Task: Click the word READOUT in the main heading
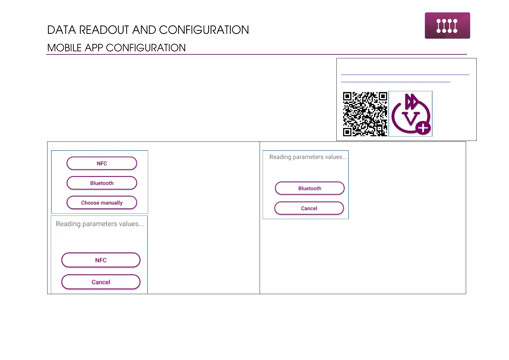pyautogui.click(x=104, y=30)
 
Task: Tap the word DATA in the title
pyautogui.click(x=61, y=30)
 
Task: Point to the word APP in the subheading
pyautogui.click(x=94, y=48)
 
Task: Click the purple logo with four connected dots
pyautogui.click(x=447, y=26)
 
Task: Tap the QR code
pyautogui.click(x=365, y=114)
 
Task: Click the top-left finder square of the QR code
pyautogui.click(x=347, y=96)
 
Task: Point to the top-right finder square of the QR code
pyautogui.click(x=383, y=96)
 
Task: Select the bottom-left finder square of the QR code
pyautogui.click(x=347, y=132)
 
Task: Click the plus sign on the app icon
pyautogui.click(x=423, y=128)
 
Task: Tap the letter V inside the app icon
pyautogui.click(x=410, y=118)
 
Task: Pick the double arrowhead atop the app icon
pyautogui.click(x=411, y=101)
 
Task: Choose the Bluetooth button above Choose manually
pyautogui.click(x=102, y=183)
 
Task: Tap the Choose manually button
pyautogui.click(x=102, y=203)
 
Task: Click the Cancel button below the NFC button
pyautogui.click(x=101, y=282)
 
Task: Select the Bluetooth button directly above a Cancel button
pyautogui.click(x=310, y=188)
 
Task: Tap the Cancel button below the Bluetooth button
pyautogui.click(x=309, y=208)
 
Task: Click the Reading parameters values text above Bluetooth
pyautogui.click(x=308, y=157)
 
